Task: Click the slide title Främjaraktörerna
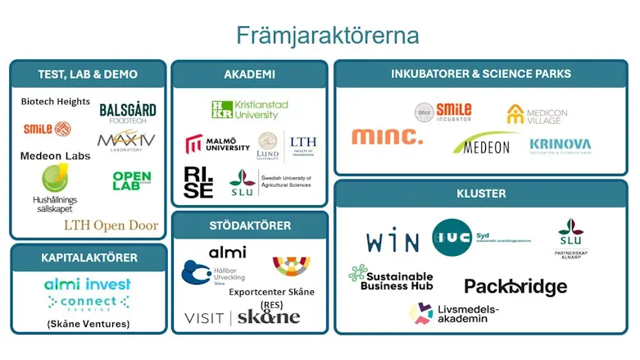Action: pos(328,35)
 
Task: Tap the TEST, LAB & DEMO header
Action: pos(88,75)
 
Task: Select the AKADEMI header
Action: pos(249,75)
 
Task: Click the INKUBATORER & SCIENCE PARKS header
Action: pos(481,75)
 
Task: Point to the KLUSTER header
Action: pos(481,194)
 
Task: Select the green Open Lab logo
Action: pos(131,180)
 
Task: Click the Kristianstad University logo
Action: pos(250,110)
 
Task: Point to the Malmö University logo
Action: pos(217,144)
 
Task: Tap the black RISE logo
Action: pos(198,182)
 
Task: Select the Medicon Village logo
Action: pos(533,115)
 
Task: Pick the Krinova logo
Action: pos(560,145)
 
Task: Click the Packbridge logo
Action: pos(515,286)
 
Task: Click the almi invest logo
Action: pos(88,285)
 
